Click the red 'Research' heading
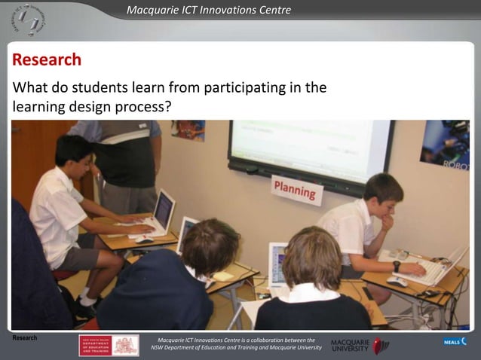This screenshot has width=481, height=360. pos(47,60)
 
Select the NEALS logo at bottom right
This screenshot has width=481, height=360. pos(454,342)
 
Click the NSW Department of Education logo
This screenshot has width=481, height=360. pos(109,345)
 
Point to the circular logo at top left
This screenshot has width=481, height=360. pos(29,20)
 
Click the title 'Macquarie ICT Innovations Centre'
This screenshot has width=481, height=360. pos(209,10)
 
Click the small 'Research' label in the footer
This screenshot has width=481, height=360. pos(25,338)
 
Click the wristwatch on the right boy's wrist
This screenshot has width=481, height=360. pos(397,266)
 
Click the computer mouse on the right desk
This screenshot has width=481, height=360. pos(397,281)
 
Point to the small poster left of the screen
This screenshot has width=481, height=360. pos(188,130)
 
